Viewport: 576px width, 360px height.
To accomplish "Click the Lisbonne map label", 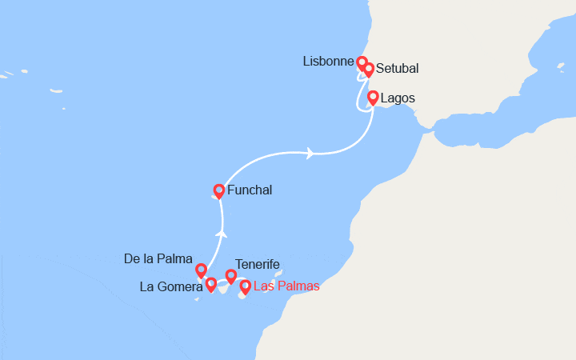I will (x=328, y=62).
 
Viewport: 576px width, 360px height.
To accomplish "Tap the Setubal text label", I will (x=397, y=69).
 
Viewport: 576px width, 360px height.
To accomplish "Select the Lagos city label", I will (x=398, y=98).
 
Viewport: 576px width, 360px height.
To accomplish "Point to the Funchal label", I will (x=250, y=190).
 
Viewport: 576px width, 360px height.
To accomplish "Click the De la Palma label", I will (x=158, y=259).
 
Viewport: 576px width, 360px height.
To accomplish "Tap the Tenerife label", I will (x=257, y=264).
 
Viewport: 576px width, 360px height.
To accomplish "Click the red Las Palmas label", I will (x=286, y=286).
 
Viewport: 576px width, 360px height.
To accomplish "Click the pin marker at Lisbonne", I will (x=362, y=62).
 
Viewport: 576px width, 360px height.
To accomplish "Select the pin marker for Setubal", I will (x=369, y=70).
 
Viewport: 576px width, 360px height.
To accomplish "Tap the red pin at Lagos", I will (x=373, y=98).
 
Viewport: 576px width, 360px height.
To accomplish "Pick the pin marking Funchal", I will (x=218, y=191).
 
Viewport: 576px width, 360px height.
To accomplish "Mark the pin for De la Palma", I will (x=202, y=270).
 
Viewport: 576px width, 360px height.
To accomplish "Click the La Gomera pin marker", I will (x=211, y=284).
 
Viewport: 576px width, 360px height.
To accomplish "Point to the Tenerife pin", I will (x=231, y=276).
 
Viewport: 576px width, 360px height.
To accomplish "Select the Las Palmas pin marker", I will (x=245, y=286).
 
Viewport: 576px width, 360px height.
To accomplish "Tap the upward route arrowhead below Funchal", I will (x=222, y=234).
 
